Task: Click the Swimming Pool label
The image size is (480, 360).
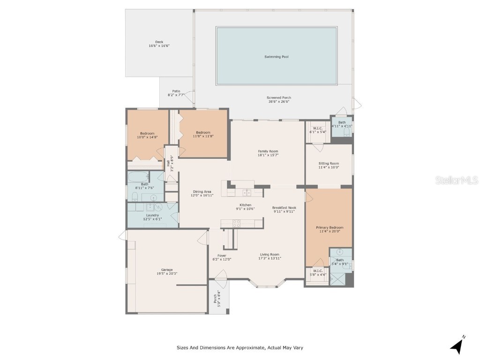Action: (x=276, y=57)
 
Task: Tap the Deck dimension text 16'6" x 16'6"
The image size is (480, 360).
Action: (x=159, y=46)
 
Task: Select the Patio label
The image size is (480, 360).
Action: (x=176, y=91)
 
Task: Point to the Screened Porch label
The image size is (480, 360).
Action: (x=279, y=97)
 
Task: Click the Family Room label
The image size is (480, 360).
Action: (x=268, y=151)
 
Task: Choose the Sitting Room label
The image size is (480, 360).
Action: (x=328, y=163)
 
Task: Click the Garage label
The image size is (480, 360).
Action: (x=167, y=270)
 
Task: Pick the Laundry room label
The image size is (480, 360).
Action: (x=153, y=215)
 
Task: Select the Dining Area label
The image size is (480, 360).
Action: (x=202, y=191)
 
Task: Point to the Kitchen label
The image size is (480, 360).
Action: (x=245, y=205)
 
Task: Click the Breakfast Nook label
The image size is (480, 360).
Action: (x=284, y=208)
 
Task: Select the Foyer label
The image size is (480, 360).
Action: (x=222, y=255)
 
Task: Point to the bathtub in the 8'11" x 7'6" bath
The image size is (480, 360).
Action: (x=139, y=177)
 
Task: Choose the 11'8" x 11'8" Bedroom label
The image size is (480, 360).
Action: (x=203, y=132)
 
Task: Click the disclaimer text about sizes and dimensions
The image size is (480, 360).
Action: (x=240, y=348)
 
